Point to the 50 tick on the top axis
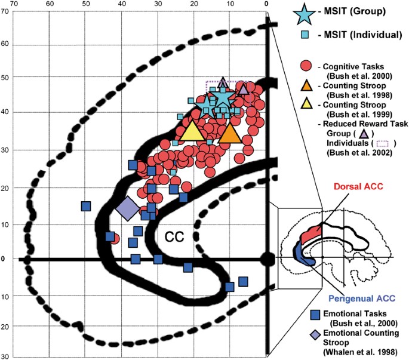pyautogui.click(x=86, y=4)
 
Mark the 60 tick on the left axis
pyautogui.click(x=6, y=44)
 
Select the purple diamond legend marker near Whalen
pyautogui.click(x=316, y=334)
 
